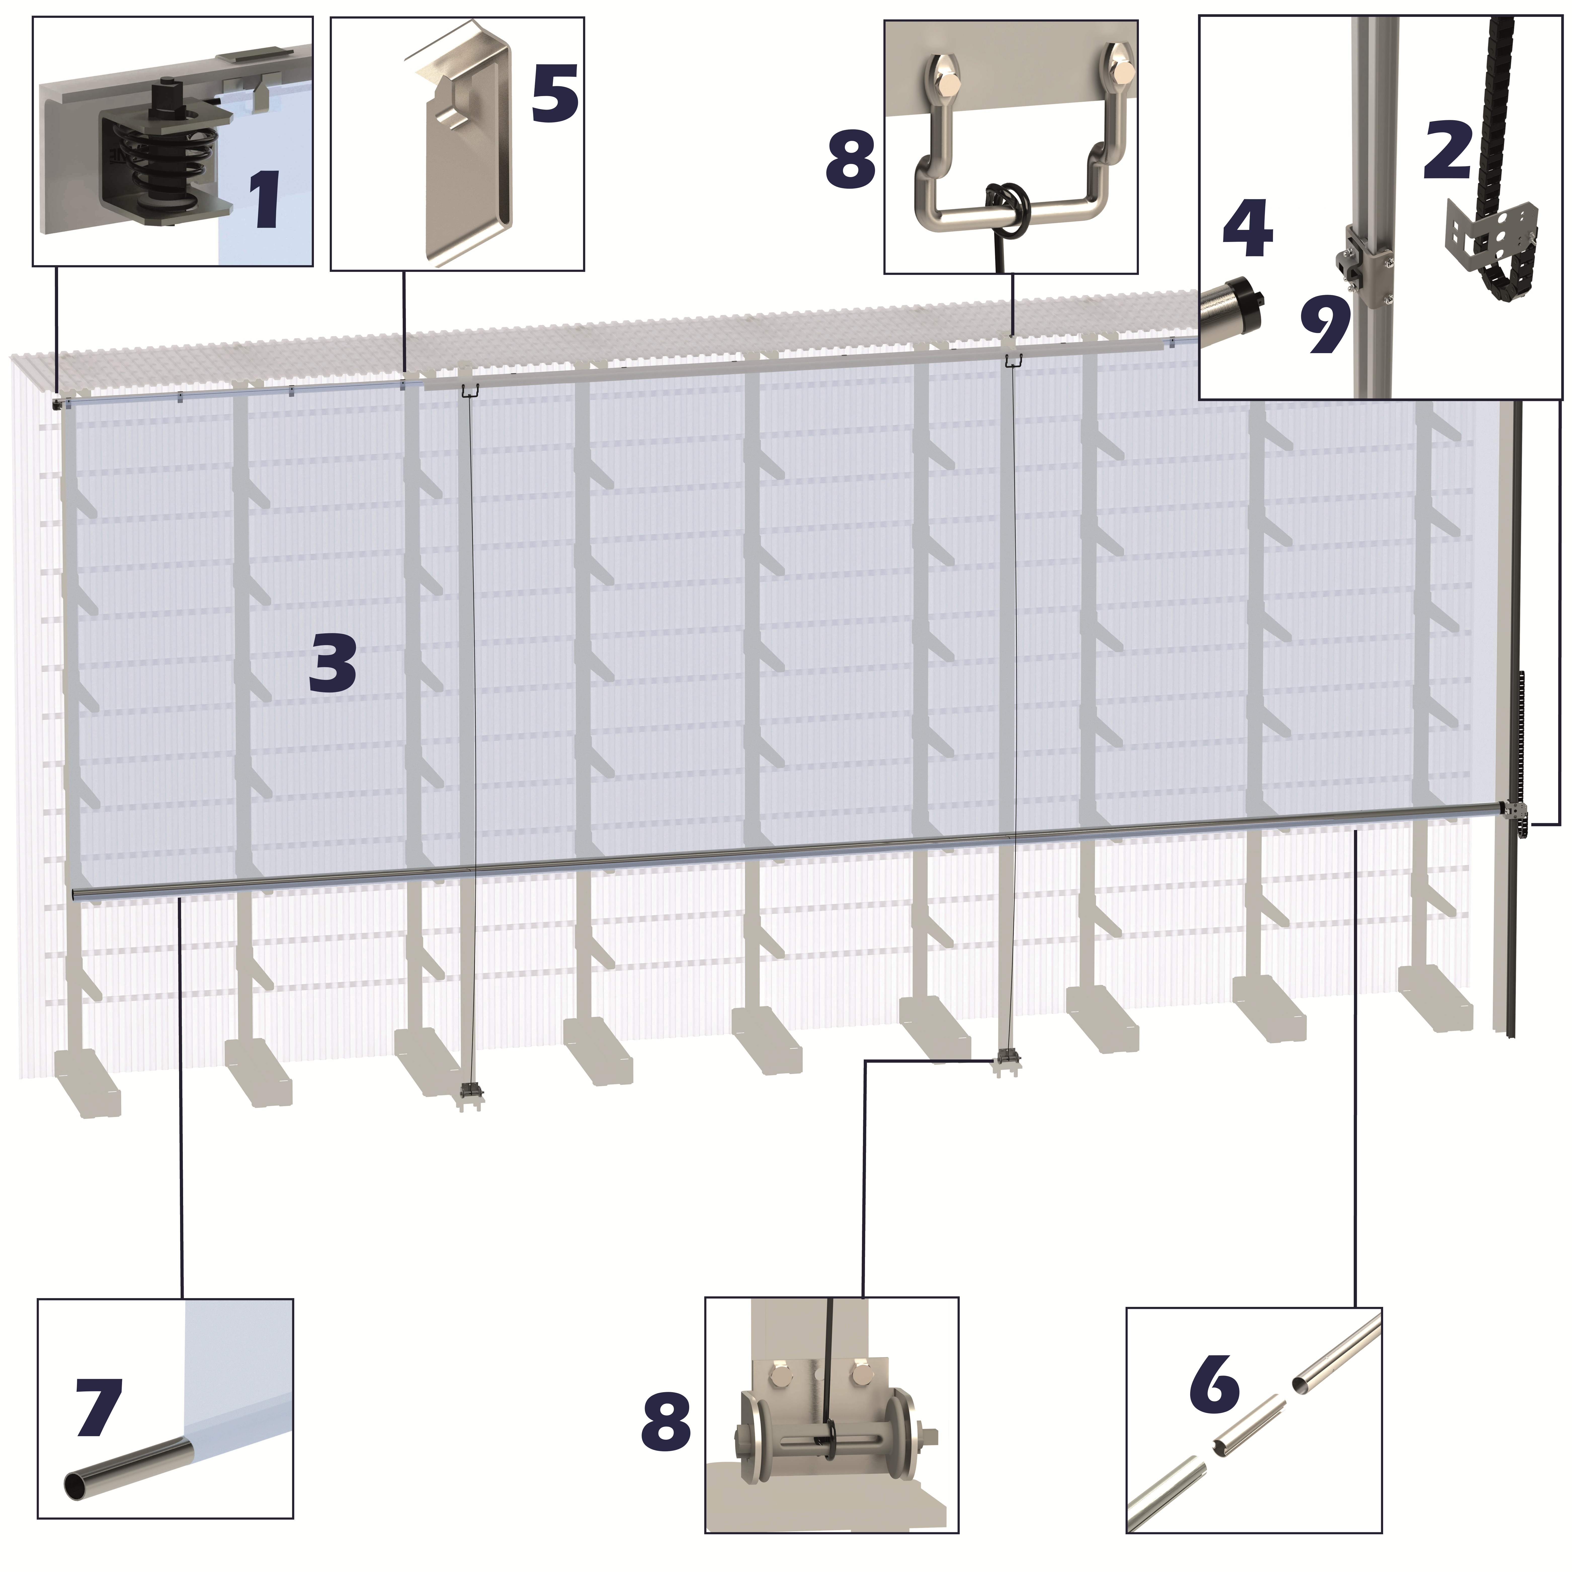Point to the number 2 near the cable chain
click(x=1447, y=147)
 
